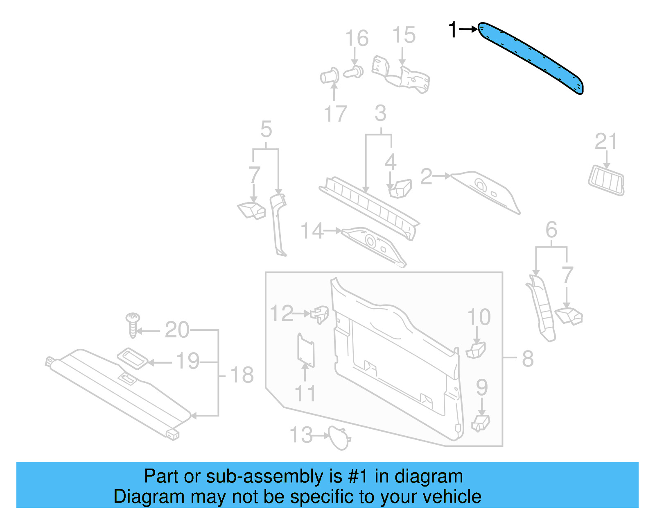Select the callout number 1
(452, 30)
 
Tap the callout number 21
(605, 141)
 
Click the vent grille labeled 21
(606, 181)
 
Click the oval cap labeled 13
(339, 437)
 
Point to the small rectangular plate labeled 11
(306, 351)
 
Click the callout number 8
(528, 359)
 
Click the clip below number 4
(400, 189)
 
